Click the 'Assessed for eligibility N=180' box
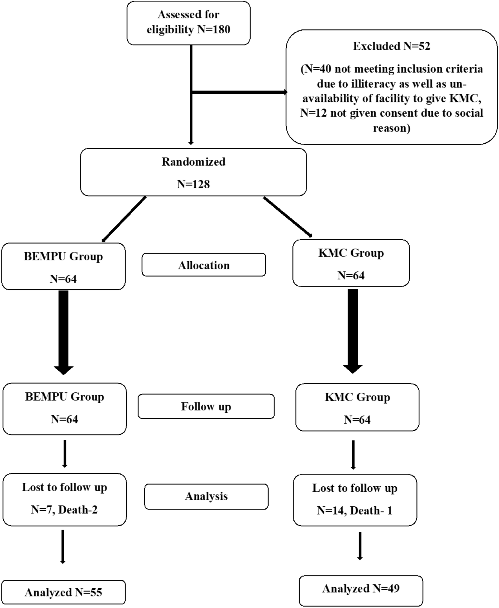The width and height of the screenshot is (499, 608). (x=188, y=23)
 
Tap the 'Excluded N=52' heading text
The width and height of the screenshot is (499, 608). (x=391, y=46)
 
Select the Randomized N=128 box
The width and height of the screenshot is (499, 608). (x=193, y=172)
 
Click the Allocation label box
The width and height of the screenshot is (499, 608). (x=204, y=265)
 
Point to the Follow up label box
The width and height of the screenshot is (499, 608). (x=206, y=406)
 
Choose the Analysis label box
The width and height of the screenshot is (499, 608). (x=206, y=496)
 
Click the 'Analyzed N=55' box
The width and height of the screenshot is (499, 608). (x=63, y=592)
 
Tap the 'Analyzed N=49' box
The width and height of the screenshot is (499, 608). (x=361, y=589)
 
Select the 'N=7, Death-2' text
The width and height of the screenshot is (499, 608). (x=64, y=509)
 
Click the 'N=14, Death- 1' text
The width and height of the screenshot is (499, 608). (x=354, y=510)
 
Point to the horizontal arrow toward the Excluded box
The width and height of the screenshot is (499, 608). (x=239, y=92)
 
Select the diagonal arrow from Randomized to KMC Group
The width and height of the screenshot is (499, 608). (x=288, y=216)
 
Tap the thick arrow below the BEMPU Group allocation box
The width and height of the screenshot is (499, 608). (x=63, y=331)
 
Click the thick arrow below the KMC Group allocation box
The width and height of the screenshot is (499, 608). (x=353, y=329)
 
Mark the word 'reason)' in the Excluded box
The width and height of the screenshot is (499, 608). (x=392, y=128)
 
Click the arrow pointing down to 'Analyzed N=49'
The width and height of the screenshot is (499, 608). (x=360, y=545)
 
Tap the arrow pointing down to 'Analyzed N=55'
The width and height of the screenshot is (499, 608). (x=63, y=546)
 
